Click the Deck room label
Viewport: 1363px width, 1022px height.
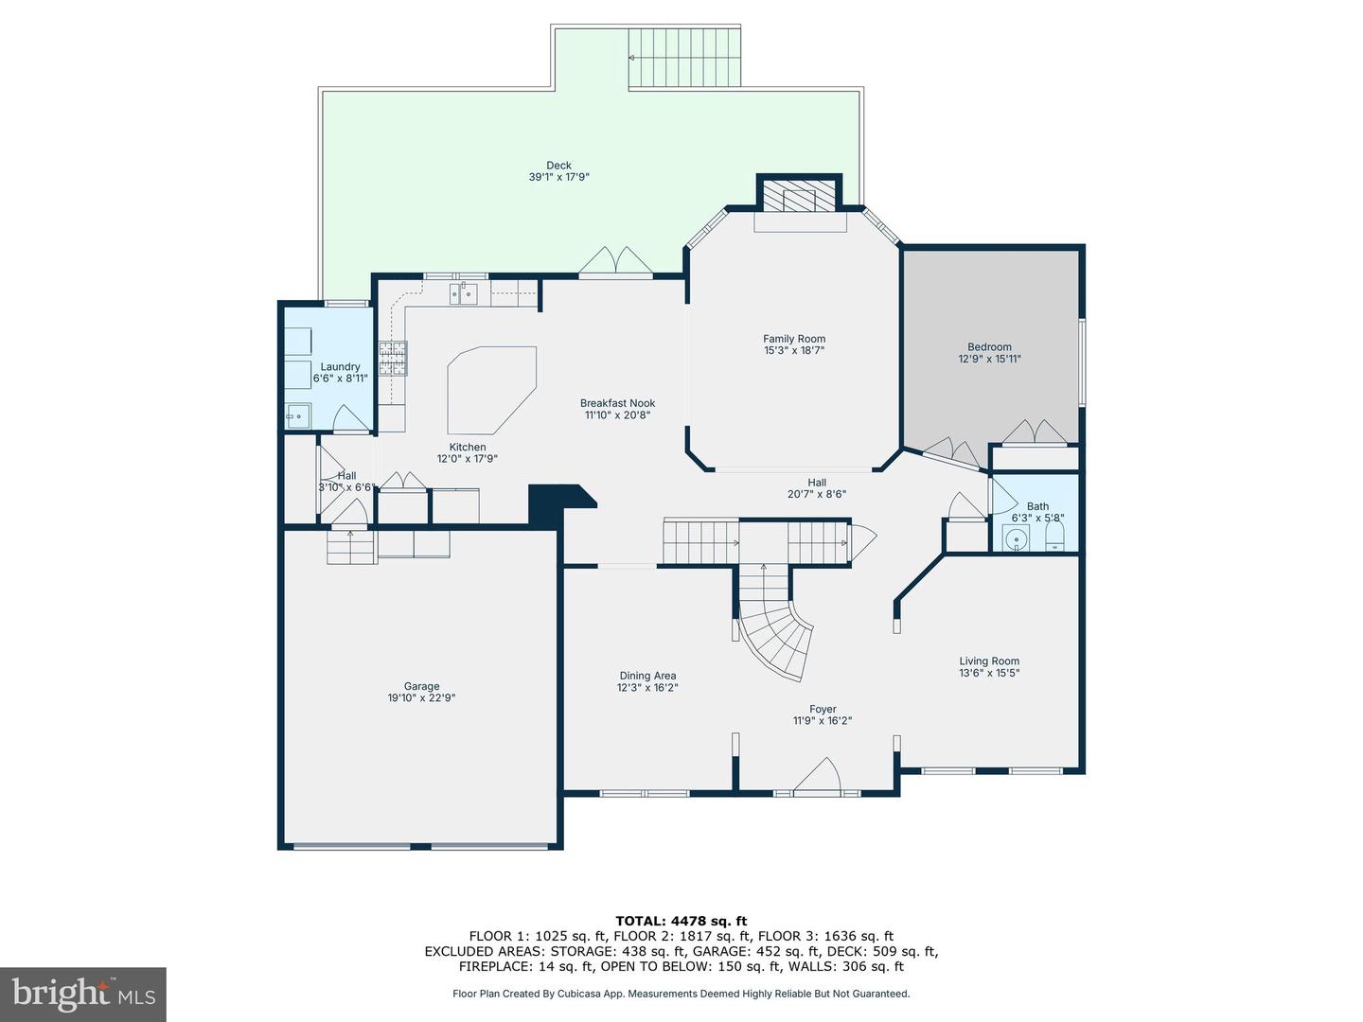(558, 166)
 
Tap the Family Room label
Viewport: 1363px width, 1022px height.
(794, 339)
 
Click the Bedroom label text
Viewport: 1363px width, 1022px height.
(989, 347)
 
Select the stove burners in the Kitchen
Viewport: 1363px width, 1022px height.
(392, 359)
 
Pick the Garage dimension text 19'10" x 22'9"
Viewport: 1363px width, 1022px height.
(421, 698)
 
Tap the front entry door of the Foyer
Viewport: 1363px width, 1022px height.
(818, 776)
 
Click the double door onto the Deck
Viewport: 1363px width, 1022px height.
(616, 262)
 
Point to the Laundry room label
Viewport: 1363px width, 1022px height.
(340, 367)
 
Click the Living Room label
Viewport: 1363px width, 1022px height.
(989, 661)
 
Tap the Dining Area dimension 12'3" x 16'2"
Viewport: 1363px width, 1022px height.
(647, 688)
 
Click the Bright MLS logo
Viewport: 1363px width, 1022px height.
(83, 994)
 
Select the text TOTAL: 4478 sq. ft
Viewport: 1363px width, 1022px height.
(681, 921)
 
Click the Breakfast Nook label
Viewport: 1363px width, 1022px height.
(617, 403)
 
